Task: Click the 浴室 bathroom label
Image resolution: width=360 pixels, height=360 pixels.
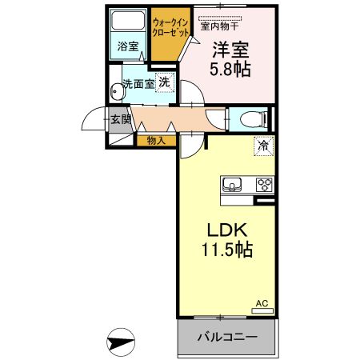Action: coord(128,46)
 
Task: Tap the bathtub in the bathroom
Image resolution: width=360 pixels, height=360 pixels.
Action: coord(128,20)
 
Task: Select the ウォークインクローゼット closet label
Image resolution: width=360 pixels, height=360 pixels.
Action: coord(170,28)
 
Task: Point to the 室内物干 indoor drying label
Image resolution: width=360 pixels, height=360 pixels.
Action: coord(219,26)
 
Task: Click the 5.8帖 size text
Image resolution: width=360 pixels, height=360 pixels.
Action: coord(230,69)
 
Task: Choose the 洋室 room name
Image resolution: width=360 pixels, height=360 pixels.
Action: coord(230,50)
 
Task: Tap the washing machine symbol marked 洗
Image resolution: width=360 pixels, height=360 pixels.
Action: coord(165,82)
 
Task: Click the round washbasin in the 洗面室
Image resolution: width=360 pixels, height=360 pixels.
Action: coord(116,92)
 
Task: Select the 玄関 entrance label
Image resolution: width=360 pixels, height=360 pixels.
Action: coord(121,119)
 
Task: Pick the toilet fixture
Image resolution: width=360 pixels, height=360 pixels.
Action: coord(254,119)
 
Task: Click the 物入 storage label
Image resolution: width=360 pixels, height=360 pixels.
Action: coord(157,141)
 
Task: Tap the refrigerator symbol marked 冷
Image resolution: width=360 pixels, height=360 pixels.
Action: coord(264,146)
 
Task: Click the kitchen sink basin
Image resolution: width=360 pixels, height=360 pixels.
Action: coord(232,184)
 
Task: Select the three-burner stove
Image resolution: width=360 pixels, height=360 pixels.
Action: coord(265,185)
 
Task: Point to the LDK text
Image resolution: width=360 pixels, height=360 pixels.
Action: coord(227,230)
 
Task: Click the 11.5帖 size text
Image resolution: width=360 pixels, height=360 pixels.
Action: coord(227,250)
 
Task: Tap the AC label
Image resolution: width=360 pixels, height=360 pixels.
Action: coord(262,303)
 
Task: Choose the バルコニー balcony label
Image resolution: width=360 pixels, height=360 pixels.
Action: coord(227,337)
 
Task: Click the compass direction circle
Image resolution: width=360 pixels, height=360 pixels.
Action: coord(121,342)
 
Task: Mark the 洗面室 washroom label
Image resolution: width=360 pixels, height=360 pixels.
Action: coord(138,84)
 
